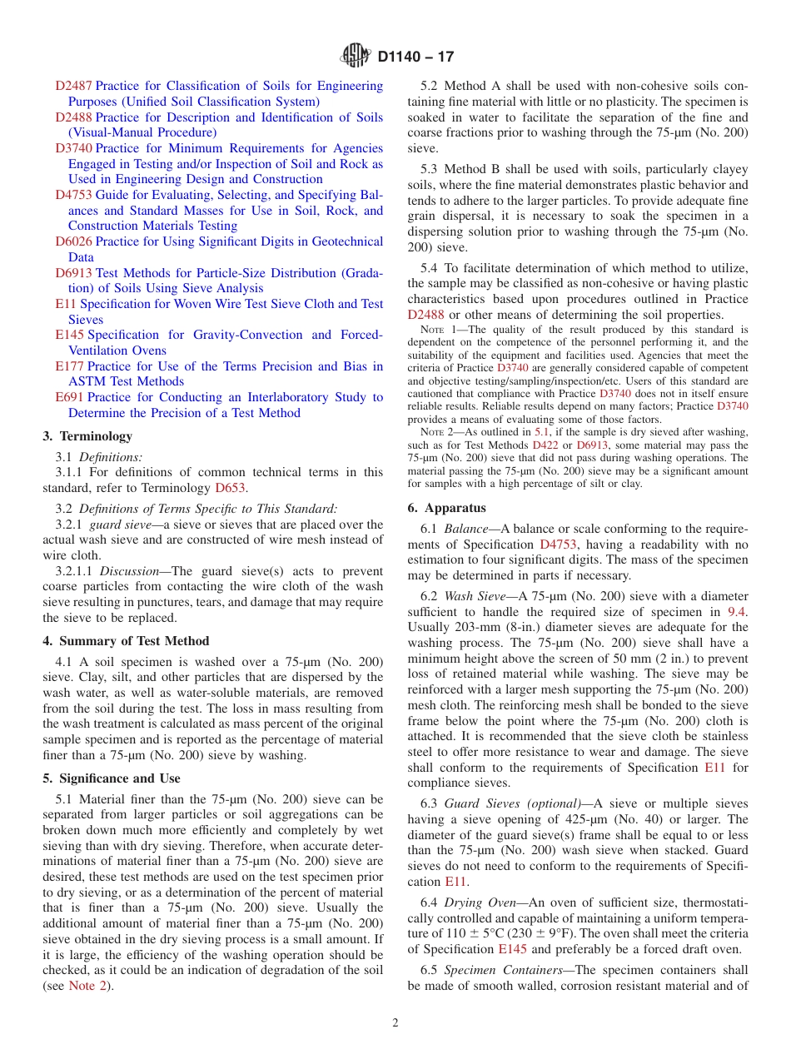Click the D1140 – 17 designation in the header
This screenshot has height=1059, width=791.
(x=415, y=57)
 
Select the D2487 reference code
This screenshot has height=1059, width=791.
(x=73, y=86)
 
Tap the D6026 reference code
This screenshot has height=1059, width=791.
(x=73, y=241)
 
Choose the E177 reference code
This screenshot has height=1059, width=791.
(x=69, y=366)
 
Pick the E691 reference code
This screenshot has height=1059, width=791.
(x=69, y=397)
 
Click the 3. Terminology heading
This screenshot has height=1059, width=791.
(x=87, y=436)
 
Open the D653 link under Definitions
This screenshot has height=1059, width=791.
(x=230, y=488)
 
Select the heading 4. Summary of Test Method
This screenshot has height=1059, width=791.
(x=126, y=641)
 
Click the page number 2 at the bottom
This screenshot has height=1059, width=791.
(x=395, y=1023)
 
